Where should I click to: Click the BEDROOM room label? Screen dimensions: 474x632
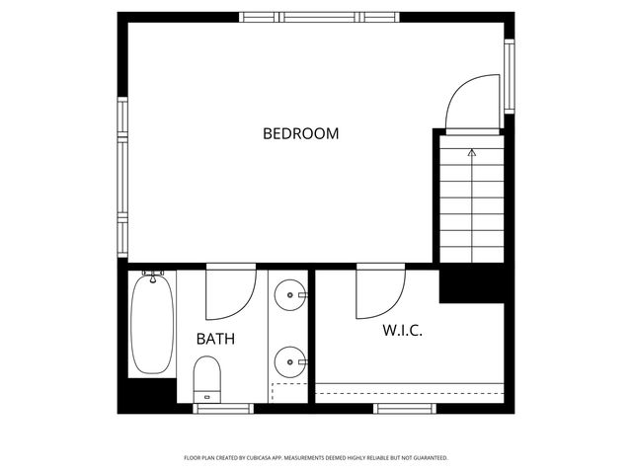(300, 133)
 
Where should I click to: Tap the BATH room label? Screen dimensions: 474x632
(214, 339)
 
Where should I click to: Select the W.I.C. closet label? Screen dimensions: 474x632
(402, 330)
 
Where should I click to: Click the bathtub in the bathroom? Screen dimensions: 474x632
(152, 323)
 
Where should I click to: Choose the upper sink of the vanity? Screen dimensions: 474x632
(290, 294)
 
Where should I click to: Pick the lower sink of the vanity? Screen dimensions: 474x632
(290, 362)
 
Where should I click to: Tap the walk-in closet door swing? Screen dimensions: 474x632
(380, 291)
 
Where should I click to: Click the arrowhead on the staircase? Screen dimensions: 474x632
(472, 153)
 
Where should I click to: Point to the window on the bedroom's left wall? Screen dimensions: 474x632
(122, 174)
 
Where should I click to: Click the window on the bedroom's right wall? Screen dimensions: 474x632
(510, 76)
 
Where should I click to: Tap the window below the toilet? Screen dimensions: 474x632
(223, 407)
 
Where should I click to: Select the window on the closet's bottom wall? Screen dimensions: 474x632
(406, 407)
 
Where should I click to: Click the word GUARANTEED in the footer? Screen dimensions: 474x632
(427, 458)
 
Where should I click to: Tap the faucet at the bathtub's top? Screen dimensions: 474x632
(152, 273)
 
